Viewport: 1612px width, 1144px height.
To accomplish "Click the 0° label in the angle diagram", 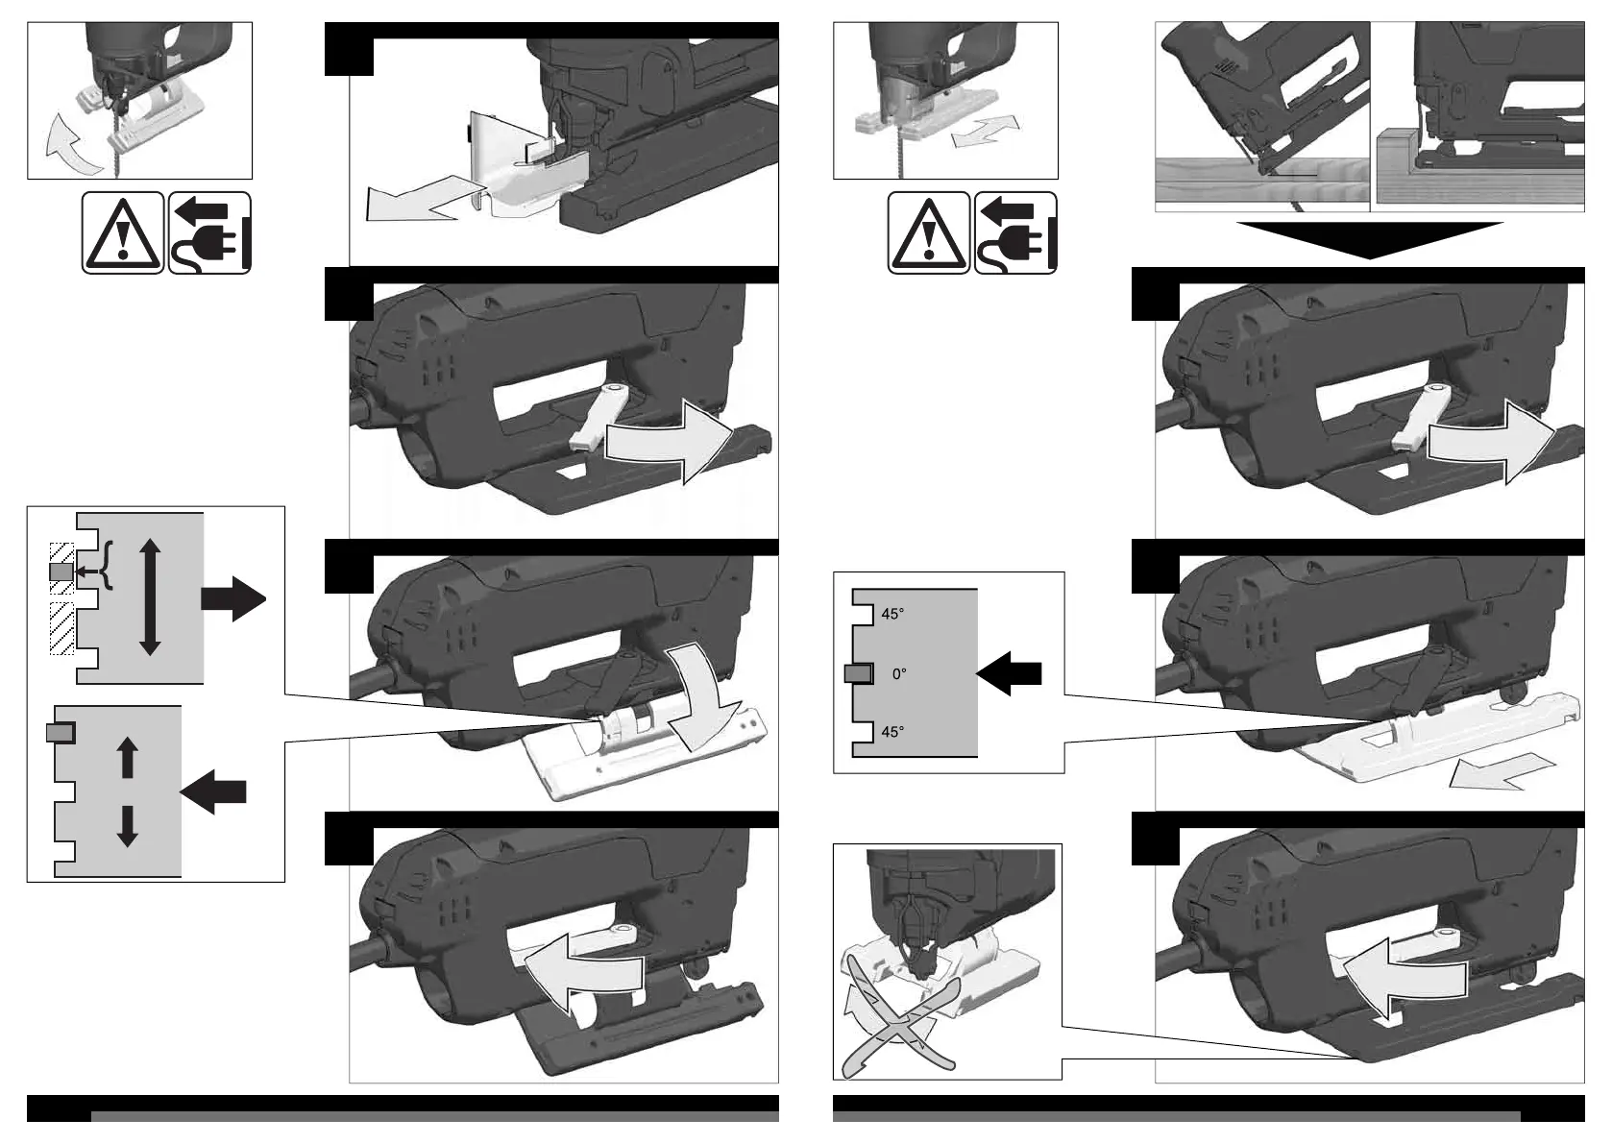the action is pos(899,674).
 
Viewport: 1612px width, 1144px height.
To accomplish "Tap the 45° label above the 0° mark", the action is pos(892,614).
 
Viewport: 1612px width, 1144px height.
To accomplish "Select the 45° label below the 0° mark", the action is pos(892,732).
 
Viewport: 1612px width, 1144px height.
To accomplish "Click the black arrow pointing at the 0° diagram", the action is pos(1009,672).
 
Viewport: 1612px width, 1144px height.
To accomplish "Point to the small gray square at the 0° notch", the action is pos(857,674).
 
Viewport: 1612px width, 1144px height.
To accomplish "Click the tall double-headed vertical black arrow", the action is pos(150,596).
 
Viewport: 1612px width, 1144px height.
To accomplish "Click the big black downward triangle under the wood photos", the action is pos(1369,239).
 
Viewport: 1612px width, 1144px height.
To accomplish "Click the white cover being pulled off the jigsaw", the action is pos(519,173).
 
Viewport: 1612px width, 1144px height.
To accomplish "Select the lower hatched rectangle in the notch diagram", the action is pos(61,628).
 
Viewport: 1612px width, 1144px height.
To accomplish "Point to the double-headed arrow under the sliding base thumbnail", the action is pos(985,132).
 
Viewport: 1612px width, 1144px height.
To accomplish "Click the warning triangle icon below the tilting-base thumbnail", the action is pos(122,232).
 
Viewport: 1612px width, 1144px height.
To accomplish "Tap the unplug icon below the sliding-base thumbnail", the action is pos(1015,232).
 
